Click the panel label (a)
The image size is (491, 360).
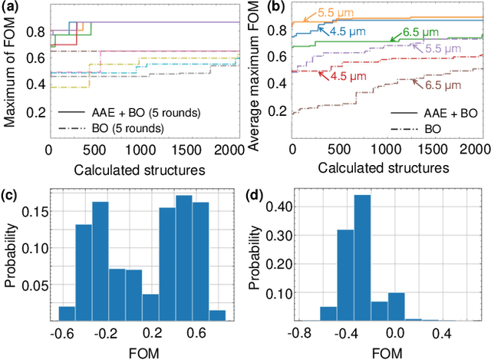coord(10,6)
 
